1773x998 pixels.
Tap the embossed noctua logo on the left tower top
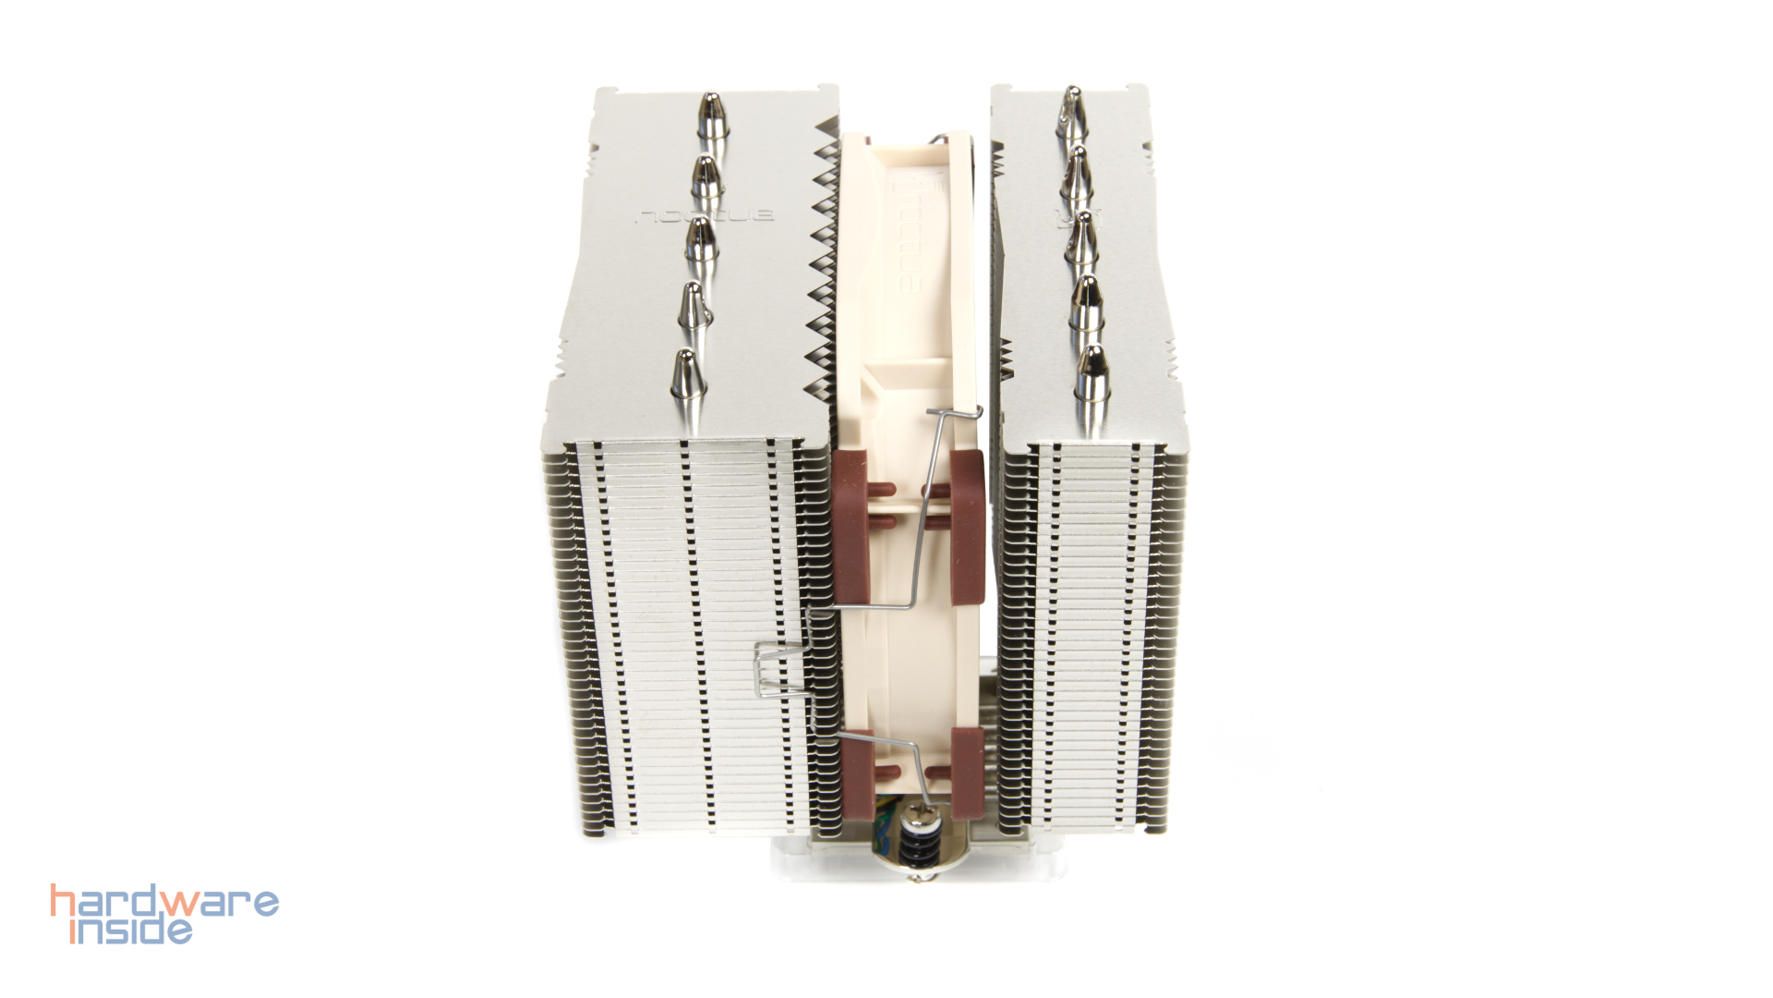pos(706,217)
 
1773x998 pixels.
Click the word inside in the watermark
pos(132,930)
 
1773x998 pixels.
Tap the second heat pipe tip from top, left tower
pos(706,178)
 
